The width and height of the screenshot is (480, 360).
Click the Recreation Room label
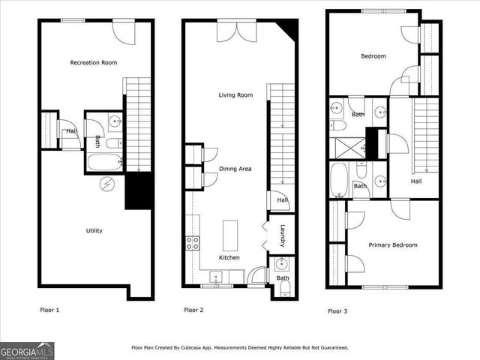tap(93, 62)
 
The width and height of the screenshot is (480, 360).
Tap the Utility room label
tap(94, 231)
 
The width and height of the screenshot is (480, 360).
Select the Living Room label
tap(235, 95)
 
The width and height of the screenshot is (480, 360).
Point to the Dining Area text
tap(235, 169)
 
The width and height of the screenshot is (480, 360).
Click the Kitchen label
tap(229, 257)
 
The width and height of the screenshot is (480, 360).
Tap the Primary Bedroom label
tap(392, 244)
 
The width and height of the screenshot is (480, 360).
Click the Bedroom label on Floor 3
tap(373, 56)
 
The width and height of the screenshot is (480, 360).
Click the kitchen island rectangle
tap(229, 234)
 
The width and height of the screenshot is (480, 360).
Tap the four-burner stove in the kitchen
tap(192, 242)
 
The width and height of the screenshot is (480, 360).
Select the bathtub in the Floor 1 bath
tap(105, 161)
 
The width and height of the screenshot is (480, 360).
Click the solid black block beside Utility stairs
tap(138, 191)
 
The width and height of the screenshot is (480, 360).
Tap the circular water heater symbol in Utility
tap(106, 182)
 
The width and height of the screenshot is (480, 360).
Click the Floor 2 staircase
tap(281, 135)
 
